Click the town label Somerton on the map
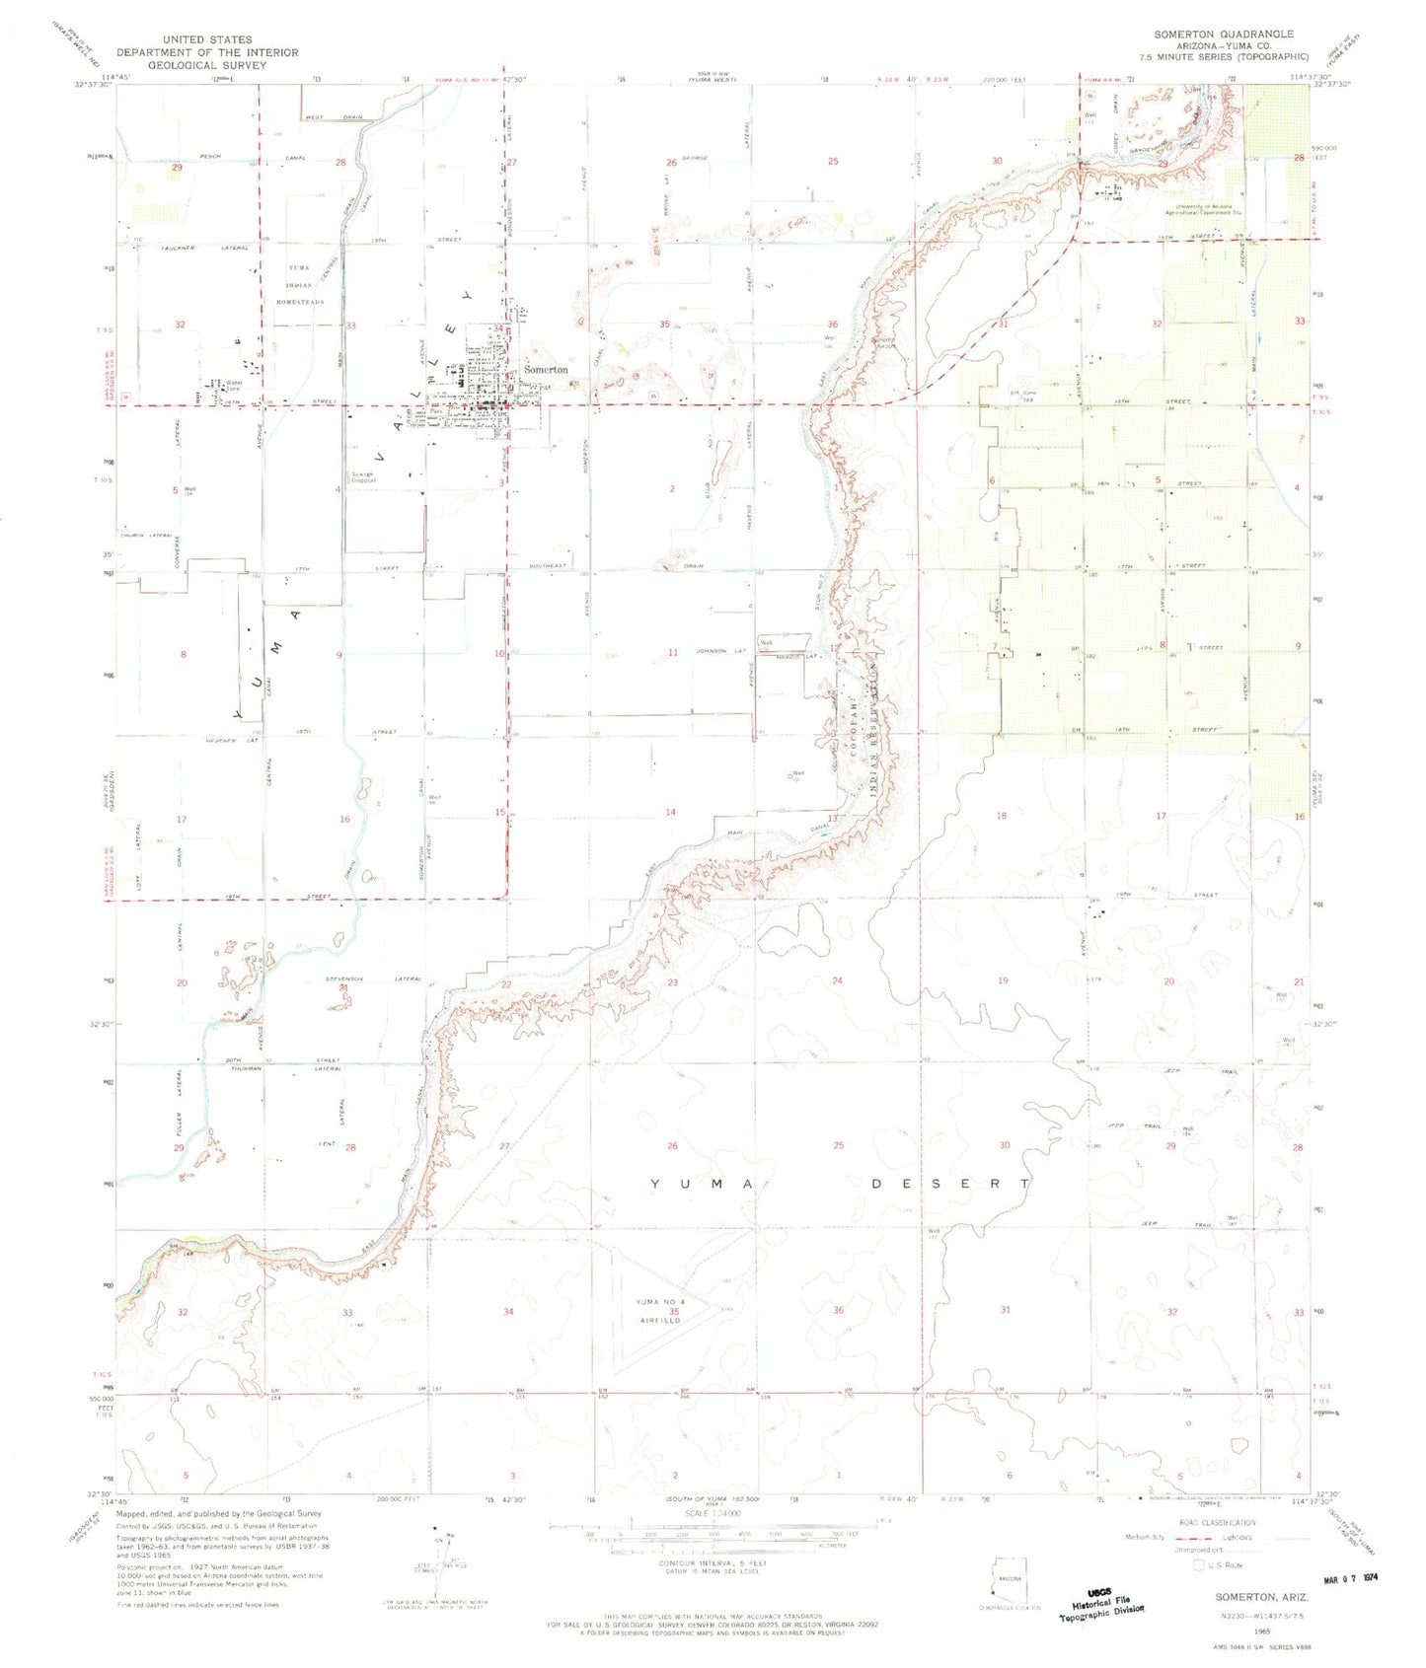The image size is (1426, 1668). [545, 369]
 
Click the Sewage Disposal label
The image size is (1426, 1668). [370, 474]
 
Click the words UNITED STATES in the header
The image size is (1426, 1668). [207, 39]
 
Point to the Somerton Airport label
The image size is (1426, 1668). [881, 343]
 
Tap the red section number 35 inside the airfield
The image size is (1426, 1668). [674, 1312]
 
